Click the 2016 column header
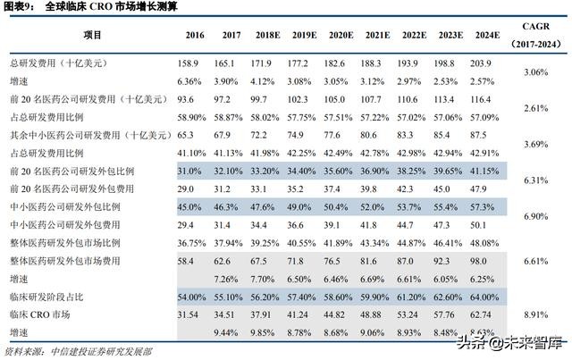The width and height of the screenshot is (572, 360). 194,35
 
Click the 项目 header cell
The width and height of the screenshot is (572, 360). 93,35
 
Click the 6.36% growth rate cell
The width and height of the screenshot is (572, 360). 190,80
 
